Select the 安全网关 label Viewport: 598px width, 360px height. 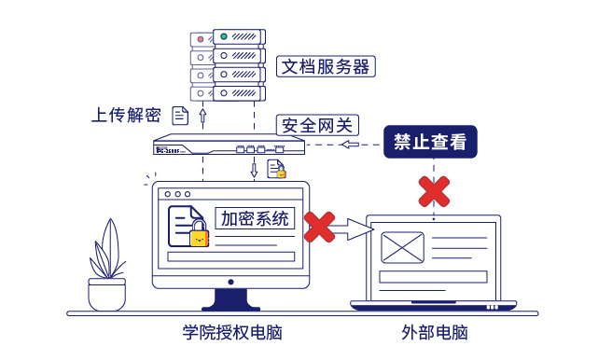pos(313,126)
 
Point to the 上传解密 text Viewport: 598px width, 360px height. pos(126,115)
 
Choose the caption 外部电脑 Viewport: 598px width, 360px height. pos(434,333)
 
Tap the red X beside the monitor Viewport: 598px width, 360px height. pos(320,225)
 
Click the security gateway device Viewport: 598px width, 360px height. pos(229,147)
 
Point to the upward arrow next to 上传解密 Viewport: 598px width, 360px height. pos(203,115)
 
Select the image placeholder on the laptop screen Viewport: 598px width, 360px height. pos(403,248)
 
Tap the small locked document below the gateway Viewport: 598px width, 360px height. pos(276,169)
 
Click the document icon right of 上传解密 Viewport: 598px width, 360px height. pos(181,115)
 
